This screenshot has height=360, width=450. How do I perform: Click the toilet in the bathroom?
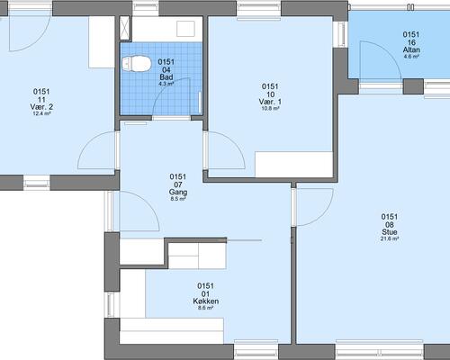[136, 64]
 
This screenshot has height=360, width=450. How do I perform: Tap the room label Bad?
[166, 76]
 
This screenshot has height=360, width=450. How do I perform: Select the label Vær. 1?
[270, 102]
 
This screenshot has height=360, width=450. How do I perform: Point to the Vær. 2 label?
[41, 107]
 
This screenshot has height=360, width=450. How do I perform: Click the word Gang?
[178, 192]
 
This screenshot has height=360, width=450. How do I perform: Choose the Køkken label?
[206, 301]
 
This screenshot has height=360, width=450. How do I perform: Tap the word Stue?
[390, 232]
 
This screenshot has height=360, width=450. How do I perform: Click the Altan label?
[411, 49]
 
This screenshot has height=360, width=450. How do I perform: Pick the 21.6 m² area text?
[390, 239]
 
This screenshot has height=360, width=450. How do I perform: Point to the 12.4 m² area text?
[41, 113]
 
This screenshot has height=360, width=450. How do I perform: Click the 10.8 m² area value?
[270, 109]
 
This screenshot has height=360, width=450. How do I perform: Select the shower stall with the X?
[125, 28]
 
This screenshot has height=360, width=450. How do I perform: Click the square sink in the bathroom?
[185, 29]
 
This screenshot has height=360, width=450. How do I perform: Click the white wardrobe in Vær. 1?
[294, 165]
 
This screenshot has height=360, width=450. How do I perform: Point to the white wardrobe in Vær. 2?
[102, 42]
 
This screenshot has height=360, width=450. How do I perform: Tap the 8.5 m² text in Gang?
[178, 199]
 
